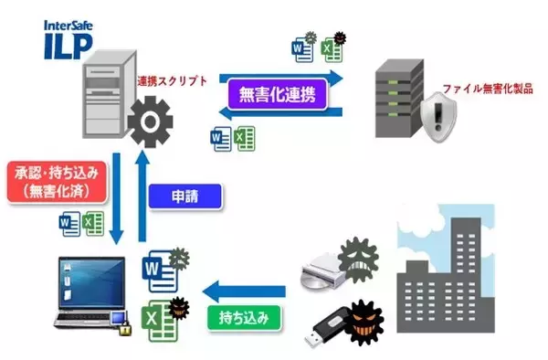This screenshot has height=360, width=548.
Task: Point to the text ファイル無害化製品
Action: [x=488, y=91]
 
